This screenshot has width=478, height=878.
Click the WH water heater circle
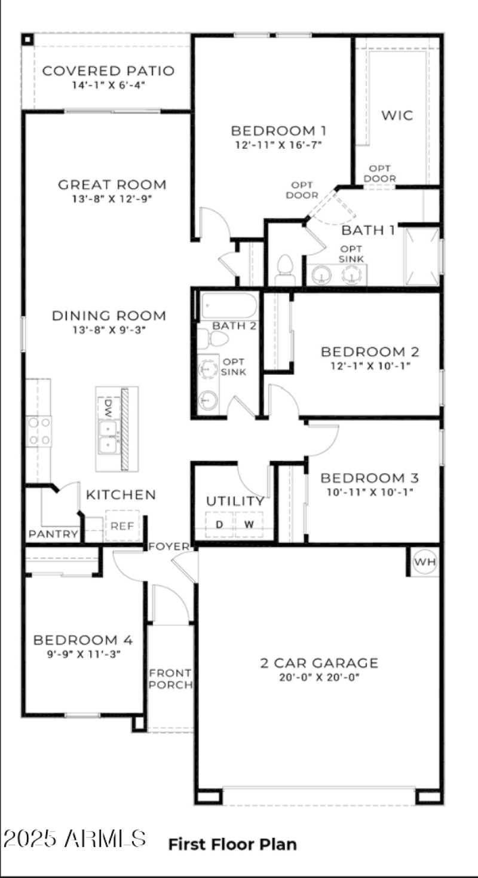pyautogui.click(x=425, y=562)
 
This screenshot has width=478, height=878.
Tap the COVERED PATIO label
pyautogui.click(x=108, y=71)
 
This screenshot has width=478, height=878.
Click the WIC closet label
pyautogui.click(x=397, y=115)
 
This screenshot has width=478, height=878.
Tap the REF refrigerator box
pyautogui.click(x=122, y=527)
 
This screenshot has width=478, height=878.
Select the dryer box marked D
pyautogui.click(x=219, y=525)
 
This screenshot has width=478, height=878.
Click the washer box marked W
pyautogui.click(x=249, y=525)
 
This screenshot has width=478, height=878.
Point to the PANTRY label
pyautogui.click(x=53, y=534)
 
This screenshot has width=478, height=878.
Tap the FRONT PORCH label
pyautogui.click(x=170, y=678)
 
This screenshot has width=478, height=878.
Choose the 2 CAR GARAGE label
pyautogui.click(x=319, y=662)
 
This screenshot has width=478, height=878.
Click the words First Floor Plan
pyautogui.click(x=232, y=844)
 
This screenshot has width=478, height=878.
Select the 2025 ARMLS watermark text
pyautogui.click(x=74, y=838)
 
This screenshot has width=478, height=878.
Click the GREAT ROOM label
pyautogui.click(x=112, y=185)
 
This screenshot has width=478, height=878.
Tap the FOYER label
pyautogui.click(x=169, y=546)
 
